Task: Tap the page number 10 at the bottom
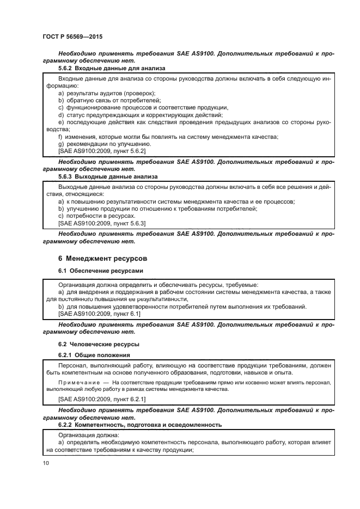tap(45, 463)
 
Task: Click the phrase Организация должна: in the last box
tap(87, 435)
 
